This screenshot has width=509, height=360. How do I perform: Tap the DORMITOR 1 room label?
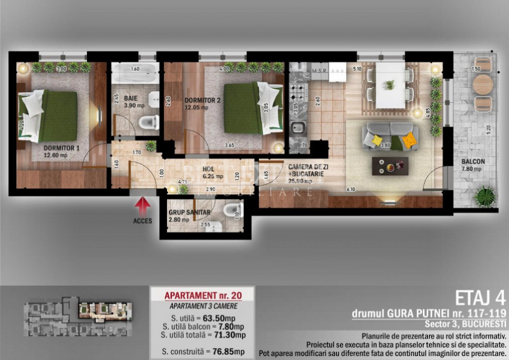point(62,151)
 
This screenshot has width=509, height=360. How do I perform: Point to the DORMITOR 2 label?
point(202,102)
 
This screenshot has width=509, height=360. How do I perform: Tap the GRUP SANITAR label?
point(189,215)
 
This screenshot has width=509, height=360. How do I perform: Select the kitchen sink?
point(298,129)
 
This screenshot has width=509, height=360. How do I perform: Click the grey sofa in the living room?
point(390,136)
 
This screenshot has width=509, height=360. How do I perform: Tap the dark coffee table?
point(390,166)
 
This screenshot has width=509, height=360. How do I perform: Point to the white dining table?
point(390,85)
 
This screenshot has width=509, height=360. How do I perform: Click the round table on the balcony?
point(482,84)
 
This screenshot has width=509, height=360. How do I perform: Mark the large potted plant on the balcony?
point(485,197)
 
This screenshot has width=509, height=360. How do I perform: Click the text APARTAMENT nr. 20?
point(203,295)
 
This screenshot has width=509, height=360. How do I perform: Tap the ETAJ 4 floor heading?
point(480,298)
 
